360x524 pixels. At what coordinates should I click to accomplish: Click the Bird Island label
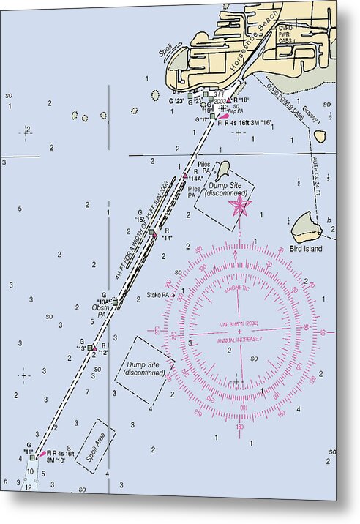305,249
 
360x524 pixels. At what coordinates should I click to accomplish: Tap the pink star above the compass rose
239,206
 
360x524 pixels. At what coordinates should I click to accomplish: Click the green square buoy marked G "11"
32,457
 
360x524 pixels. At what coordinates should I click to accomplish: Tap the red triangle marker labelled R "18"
229,100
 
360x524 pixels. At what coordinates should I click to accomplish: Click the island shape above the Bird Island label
306,227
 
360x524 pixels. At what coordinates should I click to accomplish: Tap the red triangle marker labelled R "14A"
185,177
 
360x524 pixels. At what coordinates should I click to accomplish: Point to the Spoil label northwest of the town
162,53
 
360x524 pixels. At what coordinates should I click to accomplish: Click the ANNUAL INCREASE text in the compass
241,340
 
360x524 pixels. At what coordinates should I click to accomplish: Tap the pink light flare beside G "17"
224,116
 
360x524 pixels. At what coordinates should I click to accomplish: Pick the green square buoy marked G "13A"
115,302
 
